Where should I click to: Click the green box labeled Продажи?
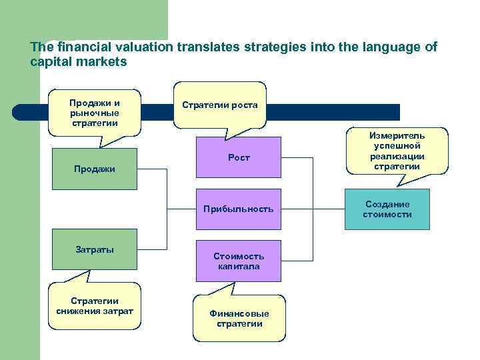click(94, 169)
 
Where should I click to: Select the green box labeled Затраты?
click(94, 250)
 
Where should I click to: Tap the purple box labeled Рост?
click(238, 157)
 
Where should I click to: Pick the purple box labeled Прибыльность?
click(238, 209)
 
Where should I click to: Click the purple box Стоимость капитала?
click(238, 261)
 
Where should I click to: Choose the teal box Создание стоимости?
click(387, 209)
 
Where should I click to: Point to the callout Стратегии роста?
click(219, 105)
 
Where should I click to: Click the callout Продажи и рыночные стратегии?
click(94, 113)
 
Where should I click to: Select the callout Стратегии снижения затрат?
click(94, 306)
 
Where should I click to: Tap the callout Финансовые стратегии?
click(239, 319)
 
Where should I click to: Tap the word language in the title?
click(371, 48)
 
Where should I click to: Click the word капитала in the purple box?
click(238, 266)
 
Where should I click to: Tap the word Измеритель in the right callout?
click(397, 135)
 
